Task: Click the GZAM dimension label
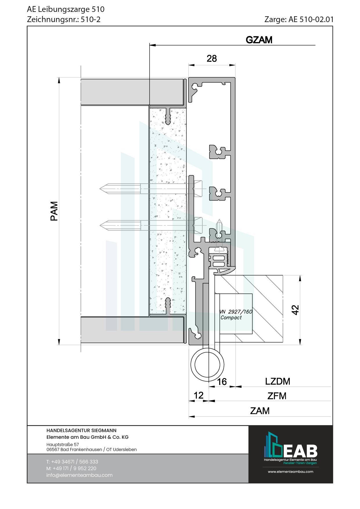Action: click(x=259, y=40)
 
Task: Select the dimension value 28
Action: click(x=212, y=59)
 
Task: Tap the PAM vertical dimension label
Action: click(x=54, y=211)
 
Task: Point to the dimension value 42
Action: click(x=295, y=310)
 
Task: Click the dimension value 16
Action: click(x=222, y=382)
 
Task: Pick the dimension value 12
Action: click(x=199, y=395)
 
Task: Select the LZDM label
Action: click(x=278, y=381)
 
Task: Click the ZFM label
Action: click(x=277, y=396)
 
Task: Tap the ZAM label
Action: click(x=260, y=411)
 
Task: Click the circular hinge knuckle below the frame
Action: click(x=207, y=365)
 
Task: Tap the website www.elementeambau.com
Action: click(x=290, y=472)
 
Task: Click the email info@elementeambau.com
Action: click(x=79, y=475)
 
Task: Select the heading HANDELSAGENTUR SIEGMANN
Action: click(x=81, y=430)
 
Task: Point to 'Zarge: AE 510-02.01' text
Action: click(x=299, y=19)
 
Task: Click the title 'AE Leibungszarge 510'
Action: click(x=66, y=9)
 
